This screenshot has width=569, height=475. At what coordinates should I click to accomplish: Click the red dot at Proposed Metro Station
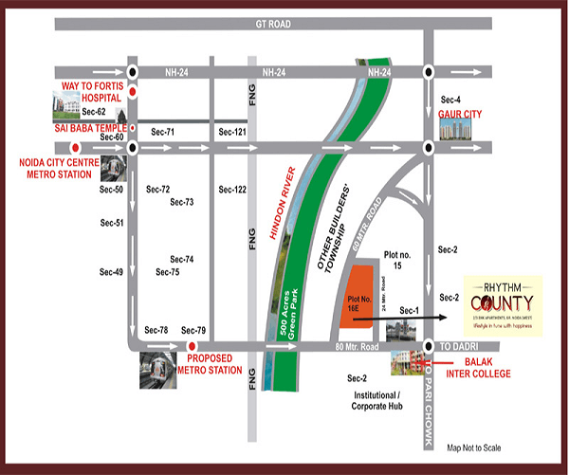click(193, 346)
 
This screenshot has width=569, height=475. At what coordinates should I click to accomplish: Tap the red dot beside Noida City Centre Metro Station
click(75, 147)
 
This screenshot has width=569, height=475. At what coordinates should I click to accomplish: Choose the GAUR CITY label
click(460, 114)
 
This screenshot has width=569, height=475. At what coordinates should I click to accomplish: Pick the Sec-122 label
click(232, 190)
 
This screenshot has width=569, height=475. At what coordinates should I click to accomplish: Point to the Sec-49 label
click(112, 272)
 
